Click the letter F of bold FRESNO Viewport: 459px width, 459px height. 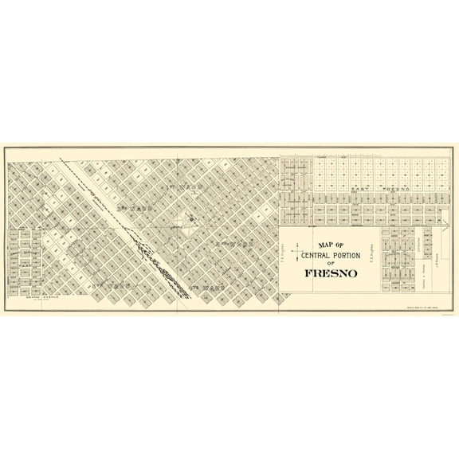(308, 273)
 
